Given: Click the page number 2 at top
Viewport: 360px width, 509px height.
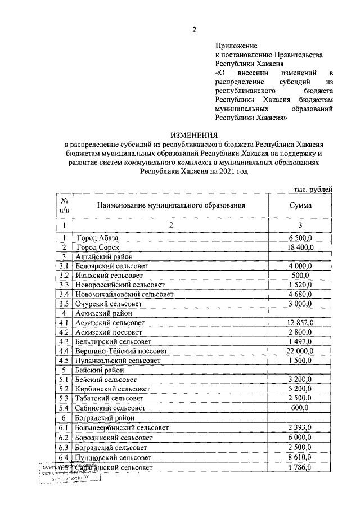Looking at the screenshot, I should tap(194, 30).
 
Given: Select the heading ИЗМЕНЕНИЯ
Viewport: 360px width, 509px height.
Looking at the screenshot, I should tap(194, 135).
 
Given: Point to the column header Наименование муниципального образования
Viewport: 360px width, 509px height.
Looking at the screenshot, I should tap(171, 205).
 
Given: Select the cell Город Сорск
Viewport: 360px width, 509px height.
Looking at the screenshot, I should tap(98, 247).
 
